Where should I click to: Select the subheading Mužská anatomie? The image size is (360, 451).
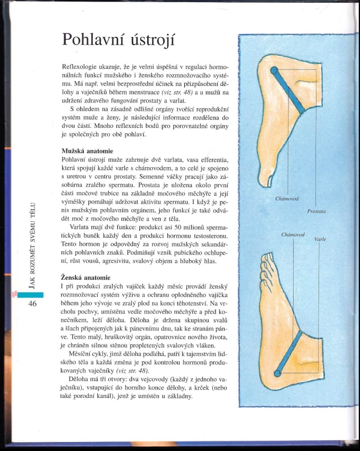(x=88, y=151)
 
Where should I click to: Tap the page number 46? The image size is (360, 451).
(x=32, y=303)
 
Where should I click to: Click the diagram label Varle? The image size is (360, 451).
(x=320, y=239)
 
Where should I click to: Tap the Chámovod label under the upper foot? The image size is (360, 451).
(x=287, y=199)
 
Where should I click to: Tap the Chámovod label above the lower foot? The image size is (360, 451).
(x=292, y=234)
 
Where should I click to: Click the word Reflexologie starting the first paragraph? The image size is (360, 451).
(x=80, y=69)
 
